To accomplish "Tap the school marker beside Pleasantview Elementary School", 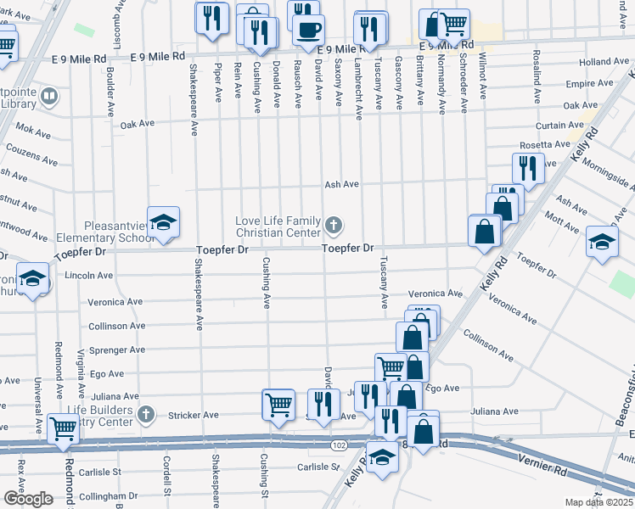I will (162, 223).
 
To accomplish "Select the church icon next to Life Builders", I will (146, 415).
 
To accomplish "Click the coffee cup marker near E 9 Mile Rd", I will (307, 28).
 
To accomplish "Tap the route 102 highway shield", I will (340, 445).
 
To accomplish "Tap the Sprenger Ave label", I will (123, 349).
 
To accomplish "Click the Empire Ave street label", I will (594, 83).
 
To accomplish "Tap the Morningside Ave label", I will (607, 176).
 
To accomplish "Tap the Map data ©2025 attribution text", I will (598, 502).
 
